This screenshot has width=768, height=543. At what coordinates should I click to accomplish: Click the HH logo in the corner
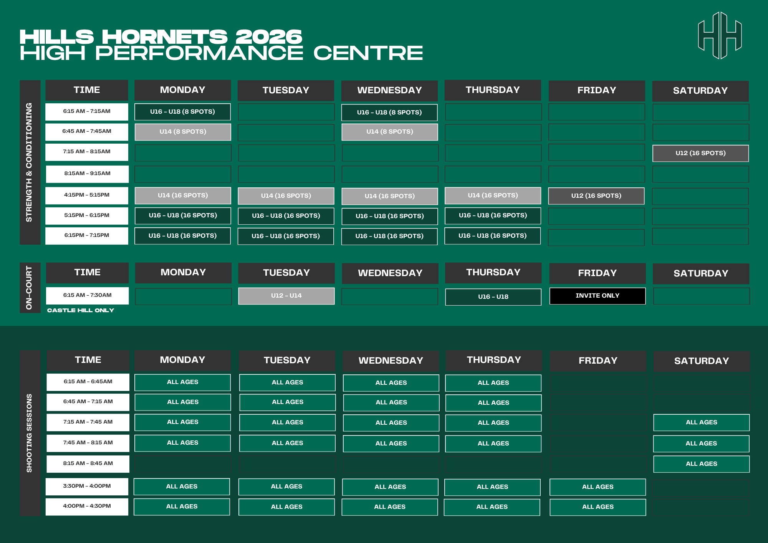[720, 35]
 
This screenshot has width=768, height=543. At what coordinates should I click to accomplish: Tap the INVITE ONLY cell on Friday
[598, 296]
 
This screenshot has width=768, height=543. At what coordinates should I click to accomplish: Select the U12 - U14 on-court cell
[286, 296]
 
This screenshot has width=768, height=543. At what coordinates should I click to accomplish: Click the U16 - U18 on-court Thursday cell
[493, 297]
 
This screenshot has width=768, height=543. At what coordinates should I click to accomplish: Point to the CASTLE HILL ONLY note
[81, 310]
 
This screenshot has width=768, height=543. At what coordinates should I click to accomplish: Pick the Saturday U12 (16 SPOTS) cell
[700, 153]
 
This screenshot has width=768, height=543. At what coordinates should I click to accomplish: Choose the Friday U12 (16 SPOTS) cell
[596, 196]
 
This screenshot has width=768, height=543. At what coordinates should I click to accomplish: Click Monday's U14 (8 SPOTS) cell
[183, 132]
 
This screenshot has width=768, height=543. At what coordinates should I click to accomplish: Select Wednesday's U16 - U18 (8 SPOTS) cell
[389, 113]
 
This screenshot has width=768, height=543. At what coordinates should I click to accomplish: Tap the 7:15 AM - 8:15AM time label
[87, 152]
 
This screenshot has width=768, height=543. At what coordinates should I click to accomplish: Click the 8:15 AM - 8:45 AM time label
[88, 464]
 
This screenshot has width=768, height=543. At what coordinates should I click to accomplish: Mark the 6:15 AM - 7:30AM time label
[88, 295]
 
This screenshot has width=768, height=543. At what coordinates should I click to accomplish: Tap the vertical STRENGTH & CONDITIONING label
[29, 162]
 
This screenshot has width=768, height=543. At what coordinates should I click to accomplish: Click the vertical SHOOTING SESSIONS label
[29, 433]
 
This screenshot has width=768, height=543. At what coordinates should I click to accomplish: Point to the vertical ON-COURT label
[29, 288]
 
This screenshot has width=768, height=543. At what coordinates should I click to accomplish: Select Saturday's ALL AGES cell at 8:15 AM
[702, 464]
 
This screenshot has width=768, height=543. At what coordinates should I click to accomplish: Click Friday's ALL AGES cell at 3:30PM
[598, 487]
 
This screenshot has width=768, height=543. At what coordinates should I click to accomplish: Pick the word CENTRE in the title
[368, 53]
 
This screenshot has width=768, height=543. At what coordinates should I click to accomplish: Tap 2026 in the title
[269, 37]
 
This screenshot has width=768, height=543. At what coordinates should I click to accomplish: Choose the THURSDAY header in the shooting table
[494, 360]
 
